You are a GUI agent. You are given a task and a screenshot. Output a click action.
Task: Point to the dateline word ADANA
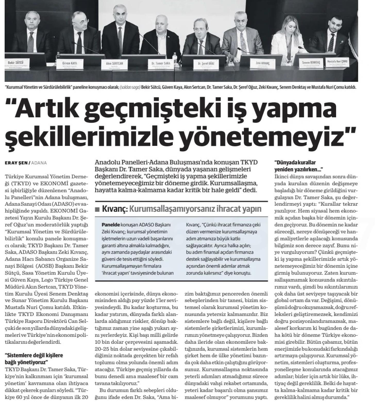click(x=40, y=163)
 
